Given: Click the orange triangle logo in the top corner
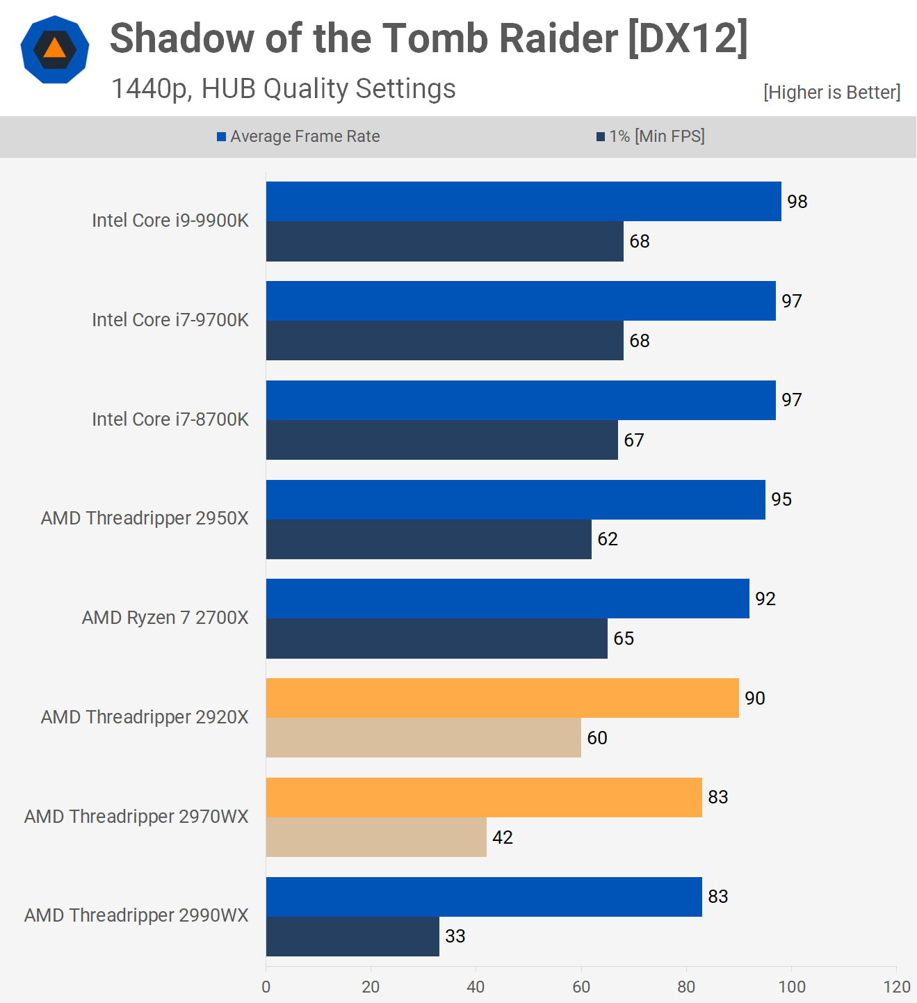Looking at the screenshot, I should [54, 49].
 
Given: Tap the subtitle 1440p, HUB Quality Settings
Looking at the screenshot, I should [283, 89].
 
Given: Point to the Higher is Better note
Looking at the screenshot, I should [831, 93].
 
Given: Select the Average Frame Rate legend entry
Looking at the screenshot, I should [298, 136].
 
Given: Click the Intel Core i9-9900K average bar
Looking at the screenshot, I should [523, 202].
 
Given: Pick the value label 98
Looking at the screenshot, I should [797, 202].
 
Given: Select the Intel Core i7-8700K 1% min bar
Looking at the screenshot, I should [441, 440].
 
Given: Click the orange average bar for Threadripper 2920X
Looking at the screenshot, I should [502, 698].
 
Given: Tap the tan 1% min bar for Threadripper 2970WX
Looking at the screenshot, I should [376, 837].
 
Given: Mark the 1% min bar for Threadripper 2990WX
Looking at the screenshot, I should [352, 936].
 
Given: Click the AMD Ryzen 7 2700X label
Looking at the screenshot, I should [165, 618].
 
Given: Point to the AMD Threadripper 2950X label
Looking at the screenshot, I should [145, 518].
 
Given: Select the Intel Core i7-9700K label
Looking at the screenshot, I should [170, 320].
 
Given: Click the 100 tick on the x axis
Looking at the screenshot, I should [792, 987].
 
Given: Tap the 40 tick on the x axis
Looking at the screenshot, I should [476, 987].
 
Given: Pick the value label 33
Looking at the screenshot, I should [455, 936].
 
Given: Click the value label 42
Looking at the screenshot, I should [502, 837].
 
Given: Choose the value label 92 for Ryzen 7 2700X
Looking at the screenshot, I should [765, 599].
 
